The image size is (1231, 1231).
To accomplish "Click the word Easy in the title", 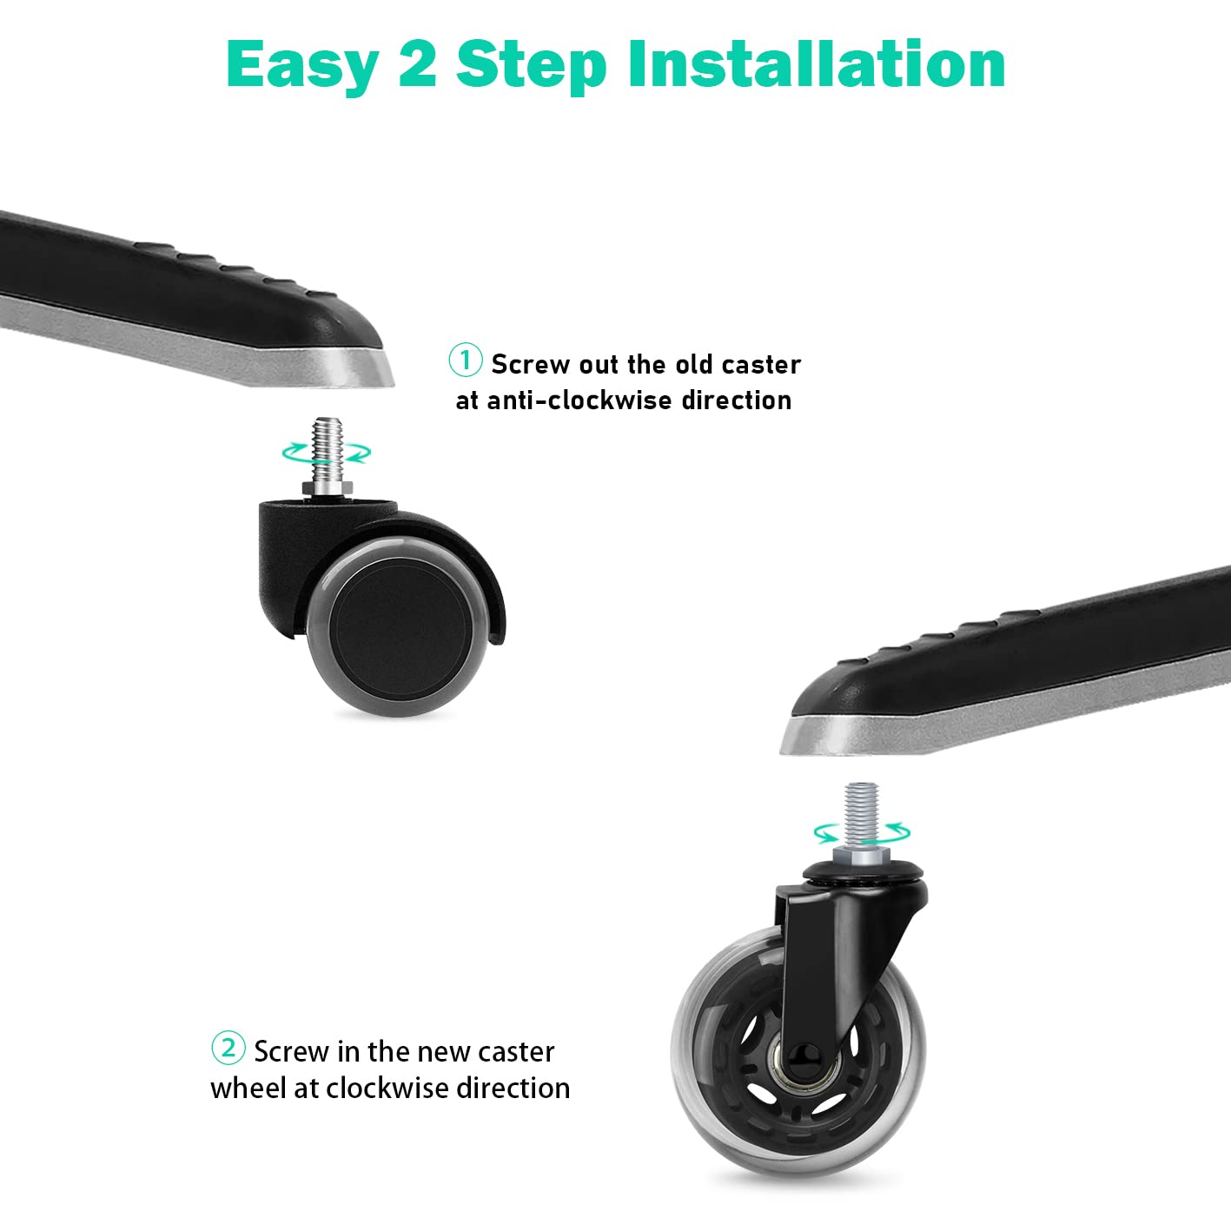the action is pyautogui.click(x=303, y=66).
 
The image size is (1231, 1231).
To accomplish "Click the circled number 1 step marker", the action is pyautogui.click(x=465, y=361).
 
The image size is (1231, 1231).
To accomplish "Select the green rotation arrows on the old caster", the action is pyautogui.click(x=327, y=453).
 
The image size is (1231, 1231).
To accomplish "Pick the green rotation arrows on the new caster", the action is pyautogui.click(x=862, y=832).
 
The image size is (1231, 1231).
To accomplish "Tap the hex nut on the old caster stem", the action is pyautogui.click(x=327, y=489).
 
